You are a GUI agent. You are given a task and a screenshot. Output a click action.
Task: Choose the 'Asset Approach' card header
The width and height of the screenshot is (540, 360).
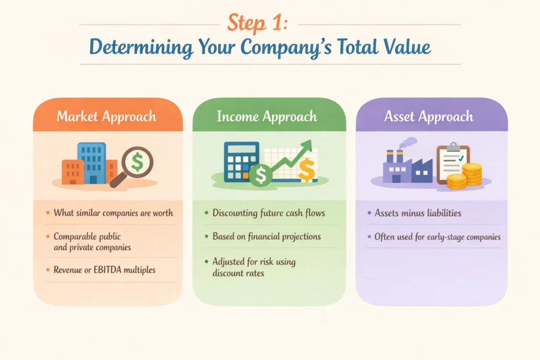[429, 116]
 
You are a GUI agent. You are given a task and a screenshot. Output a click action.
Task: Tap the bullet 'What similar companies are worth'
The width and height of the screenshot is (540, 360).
[113, 213]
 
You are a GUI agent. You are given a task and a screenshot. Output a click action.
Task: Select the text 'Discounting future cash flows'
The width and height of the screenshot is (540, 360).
[268, 213]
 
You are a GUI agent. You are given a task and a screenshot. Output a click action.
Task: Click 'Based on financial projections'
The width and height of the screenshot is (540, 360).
[266, 236]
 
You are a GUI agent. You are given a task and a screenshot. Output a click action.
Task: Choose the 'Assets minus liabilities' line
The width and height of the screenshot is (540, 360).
[418, 213]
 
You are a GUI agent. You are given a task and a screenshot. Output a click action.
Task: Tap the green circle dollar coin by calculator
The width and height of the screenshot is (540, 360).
[259, 176]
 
